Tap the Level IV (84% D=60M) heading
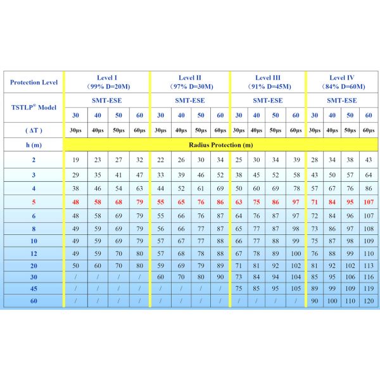(x=341, y=82)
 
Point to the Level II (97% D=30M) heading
(x=189, y=82)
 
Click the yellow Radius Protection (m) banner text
(x=220, y=144)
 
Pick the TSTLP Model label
(x=34, y=107)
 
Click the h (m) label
(x=34, y=144)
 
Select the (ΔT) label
(x=34, y=130)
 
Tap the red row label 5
(x=34, y=202)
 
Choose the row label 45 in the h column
(x=34, y=288)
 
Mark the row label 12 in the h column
(x=34, y=253)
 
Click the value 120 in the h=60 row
(x=369, y=300)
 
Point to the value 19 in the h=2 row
(x=75, y=160)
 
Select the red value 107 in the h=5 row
(x=369, y=202)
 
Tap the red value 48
(x=75, y=202)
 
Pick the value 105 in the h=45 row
(x=295, y=288)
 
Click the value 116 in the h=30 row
(x=369, y=276)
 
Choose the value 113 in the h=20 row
(x=369, y=265)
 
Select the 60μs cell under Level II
(x=220, y=130)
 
